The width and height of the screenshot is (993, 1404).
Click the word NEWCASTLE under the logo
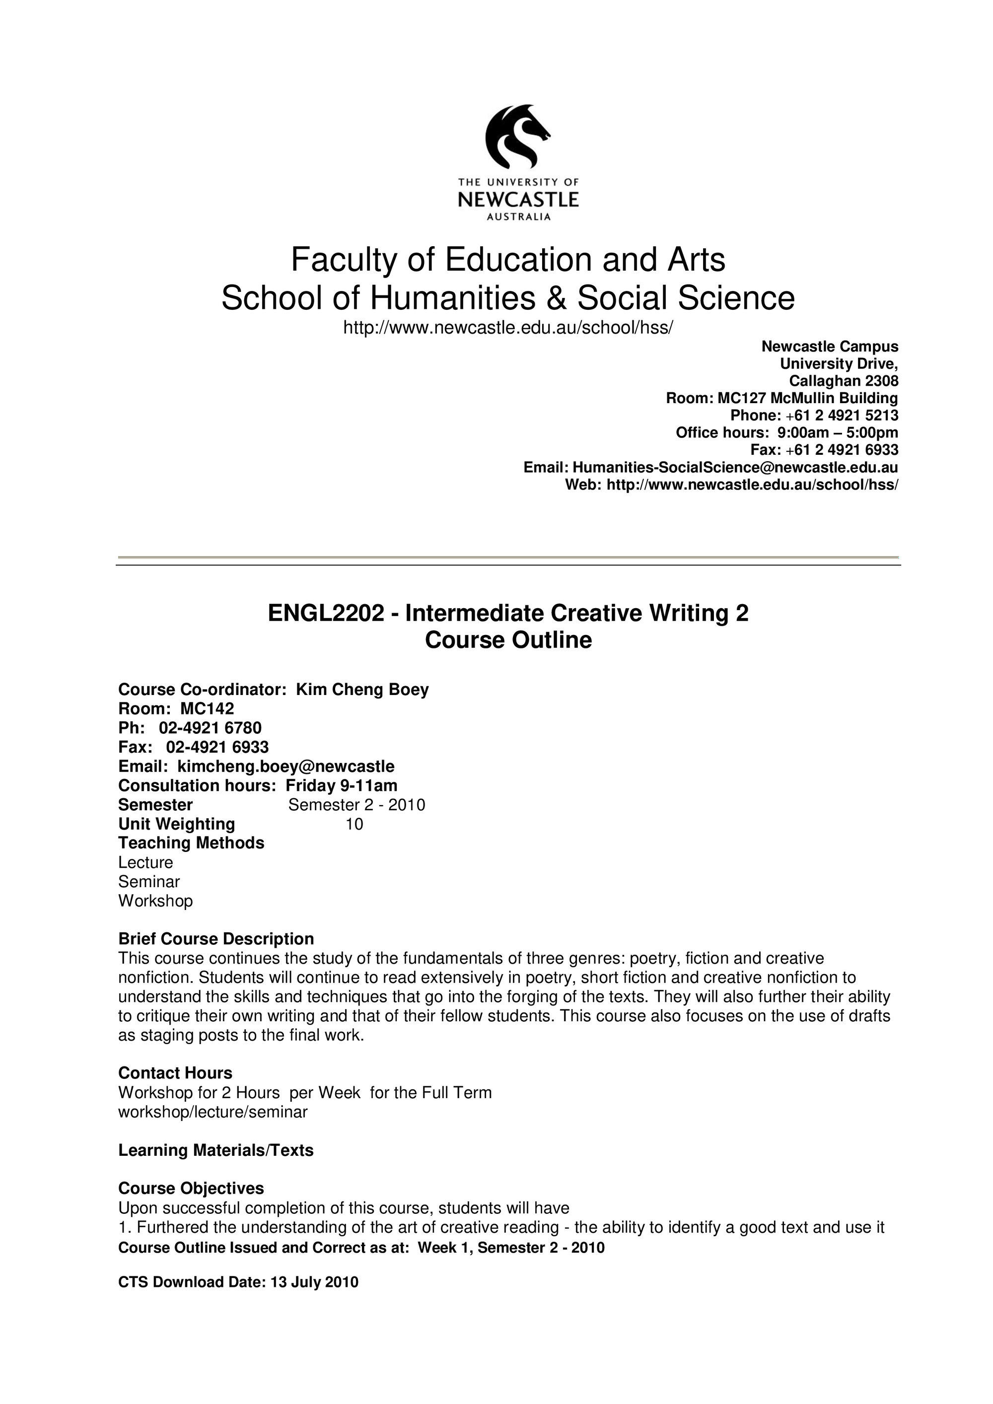point(518,200)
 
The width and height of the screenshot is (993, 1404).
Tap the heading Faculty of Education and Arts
point(507,259)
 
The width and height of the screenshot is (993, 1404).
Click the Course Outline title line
point(508,640)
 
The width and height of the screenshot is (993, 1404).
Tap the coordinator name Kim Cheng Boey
point(362,690)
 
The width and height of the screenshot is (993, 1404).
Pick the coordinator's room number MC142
point(207,709)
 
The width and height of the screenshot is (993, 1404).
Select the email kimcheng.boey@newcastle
point(285,766)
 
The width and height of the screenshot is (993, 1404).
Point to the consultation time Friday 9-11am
point(341,785)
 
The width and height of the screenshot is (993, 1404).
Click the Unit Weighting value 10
point(354,824)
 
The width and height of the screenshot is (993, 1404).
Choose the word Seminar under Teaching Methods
point(148,882)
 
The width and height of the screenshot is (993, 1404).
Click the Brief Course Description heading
point(216,939)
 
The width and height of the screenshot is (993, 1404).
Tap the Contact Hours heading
point(175,1073)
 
